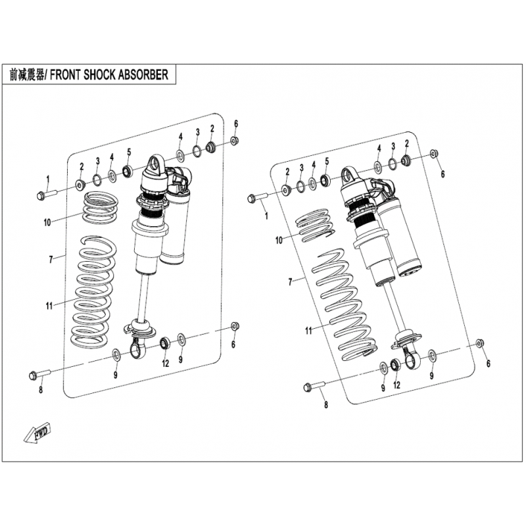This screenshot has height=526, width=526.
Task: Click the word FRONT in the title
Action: point(65,75)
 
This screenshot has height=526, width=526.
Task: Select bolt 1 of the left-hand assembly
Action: point(46,195)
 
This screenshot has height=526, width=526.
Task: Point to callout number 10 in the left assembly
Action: point(47,222)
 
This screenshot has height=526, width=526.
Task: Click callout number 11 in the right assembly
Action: point(308,331)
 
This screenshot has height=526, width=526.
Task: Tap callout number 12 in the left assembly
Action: point(166,364)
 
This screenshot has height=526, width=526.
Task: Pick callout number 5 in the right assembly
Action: point(327,161)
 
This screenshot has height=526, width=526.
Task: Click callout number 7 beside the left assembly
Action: point(51,259)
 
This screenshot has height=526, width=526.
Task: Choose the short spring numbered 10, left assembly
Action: point(101,208)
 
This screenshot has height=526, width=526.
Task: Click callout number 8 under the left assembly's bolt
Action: point(41,390)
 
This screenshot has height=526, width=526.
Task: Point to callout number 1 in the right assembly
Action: point(267,216)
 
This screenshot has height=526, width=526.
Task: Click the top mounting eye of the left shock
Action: point(155,164)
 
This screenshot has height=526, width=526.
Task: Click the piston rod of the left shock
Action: point(145,295)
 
